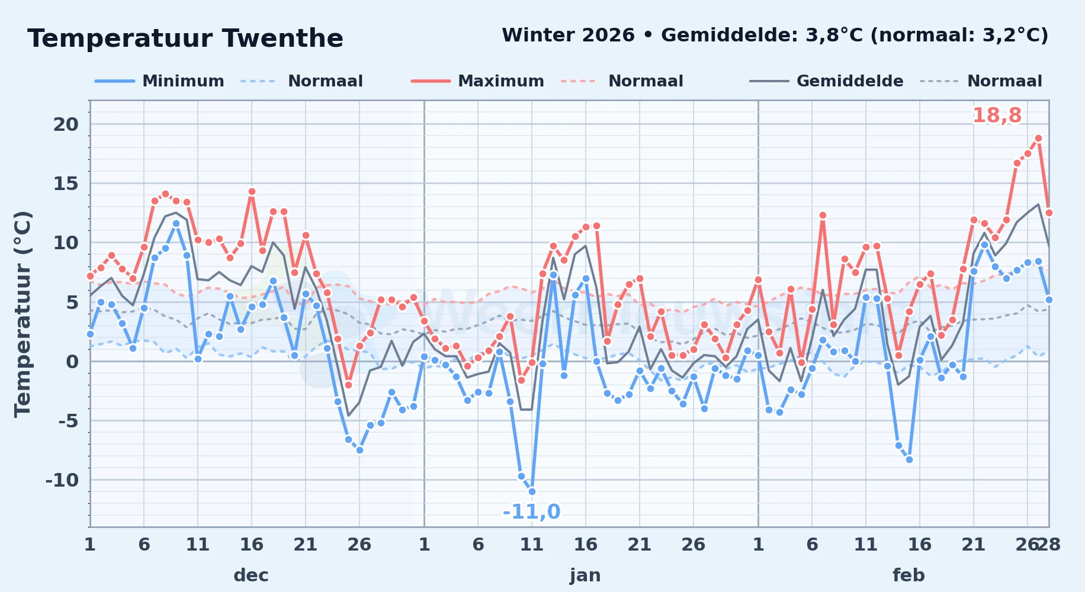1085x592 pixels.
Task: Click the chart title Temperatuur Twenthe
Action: click(x=185, y=38)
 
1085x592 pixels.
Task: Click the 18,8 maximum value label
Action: click(x=997, y=115)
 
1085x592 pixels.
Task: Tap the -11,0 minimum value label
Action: click(x=531, y=511)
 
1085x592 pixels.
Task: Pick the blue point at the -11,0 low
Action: click(x=532, y=491)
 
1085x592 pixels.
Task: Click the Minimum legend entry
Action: click(x=160, y=81)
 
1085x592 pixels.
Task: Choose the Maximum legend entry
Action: click(x=477, y=81)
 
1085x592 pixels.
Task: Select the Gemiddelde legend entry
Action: click(x=827, y=81)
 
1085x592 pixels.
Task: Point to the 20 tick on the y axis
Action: click(x=66, y=124)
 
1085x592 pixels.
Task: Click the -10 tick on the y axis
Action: click(x=62, y=480)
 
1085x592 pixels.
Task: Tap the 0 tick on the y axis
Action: click(x=72, y=362)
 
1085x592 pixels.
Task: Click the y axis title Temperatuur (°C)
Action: click(x=23, y=314)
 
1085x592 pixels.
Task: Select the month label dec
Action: click(x=251, y=575)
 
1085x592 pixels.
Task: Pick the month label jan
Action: click(x=585, y=575)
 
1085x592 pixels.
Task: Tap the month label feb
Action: click(x=909, y=575)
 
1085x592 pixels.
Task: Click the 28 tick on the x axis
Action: click(x=1049, y=545)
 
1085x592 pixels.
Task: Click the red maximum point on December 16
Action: click(x=252, y=192)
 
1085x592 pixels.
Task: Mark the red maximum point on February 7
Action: click(x=823, y=215)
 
